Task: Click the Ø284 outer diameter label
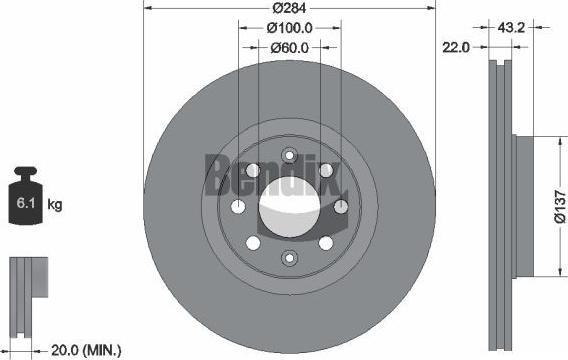click(289, 8)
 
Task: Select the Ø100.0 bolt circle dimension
click(289, 28)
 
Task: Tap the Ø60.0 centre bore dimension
click(289, 47)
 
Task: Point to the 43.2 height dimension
click(511, 28)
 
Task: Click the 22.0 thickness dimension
click(456, 47)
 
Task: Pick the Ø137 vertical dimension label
click(560, 207)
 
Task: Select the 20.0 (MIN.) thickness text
click(86, 350)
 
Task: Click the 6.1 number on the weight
click(26, 203)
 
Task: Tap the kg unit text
click(55, 205)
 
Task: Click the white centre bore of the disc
click(289, 207)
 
